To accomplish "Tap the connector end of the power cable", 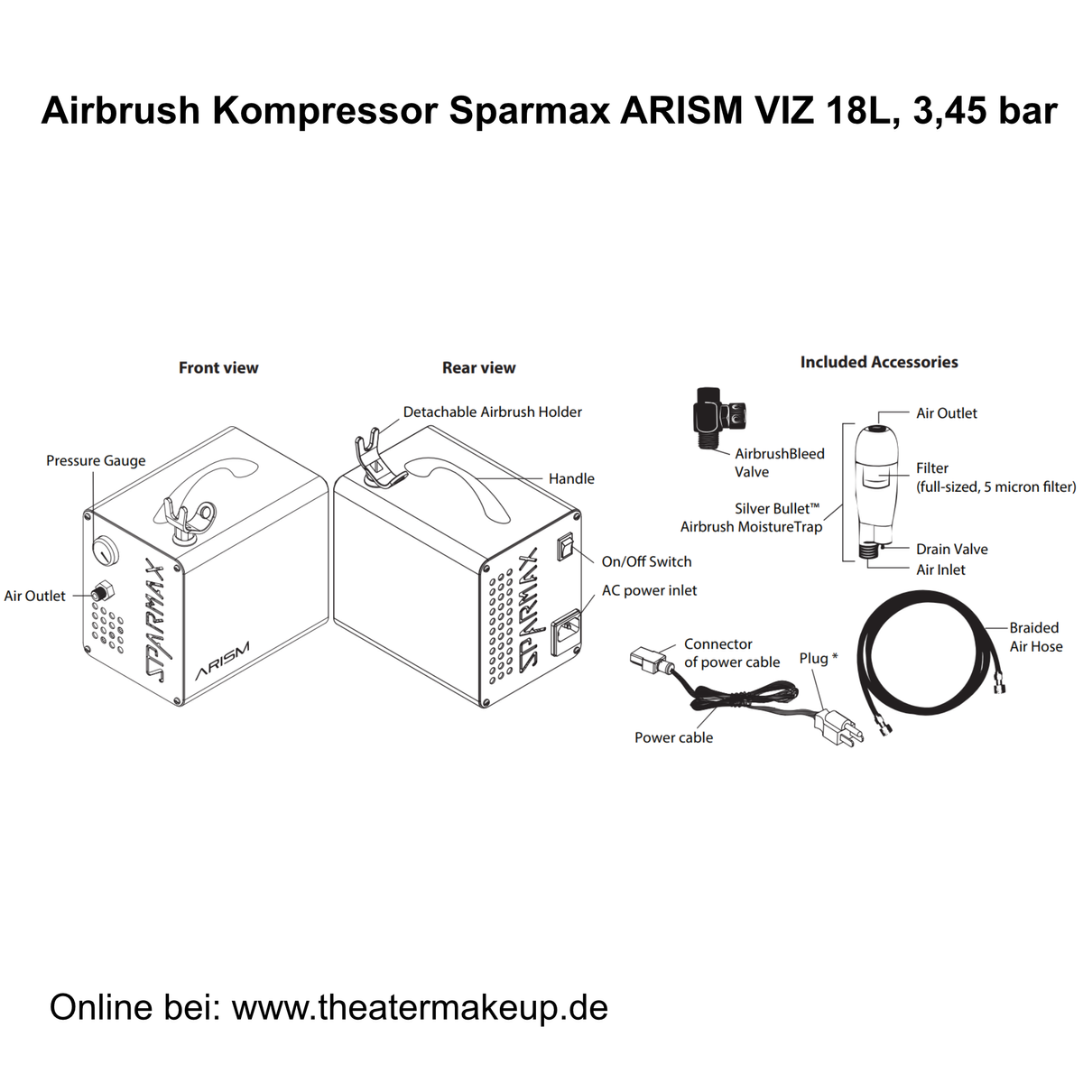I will click(x=647, y=661).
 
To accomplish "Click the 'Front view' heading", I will click(x=218, y=367).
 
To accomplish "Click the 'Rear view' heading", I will click(x=478, y=367).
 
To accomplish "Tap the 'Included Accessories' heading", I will click(x=878, y=362).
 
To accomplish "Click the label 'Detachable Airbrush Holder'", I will click(x=492, y=412).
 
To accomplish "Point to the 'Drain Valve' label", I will click(x=951, y=549).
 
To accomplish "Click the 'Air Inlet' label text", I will click(x=940, y=569).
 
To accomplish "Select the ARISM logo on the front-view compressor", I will click(x=222, y=662).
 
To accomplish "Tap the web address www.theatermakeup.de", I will click(x=420, y=1007).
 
